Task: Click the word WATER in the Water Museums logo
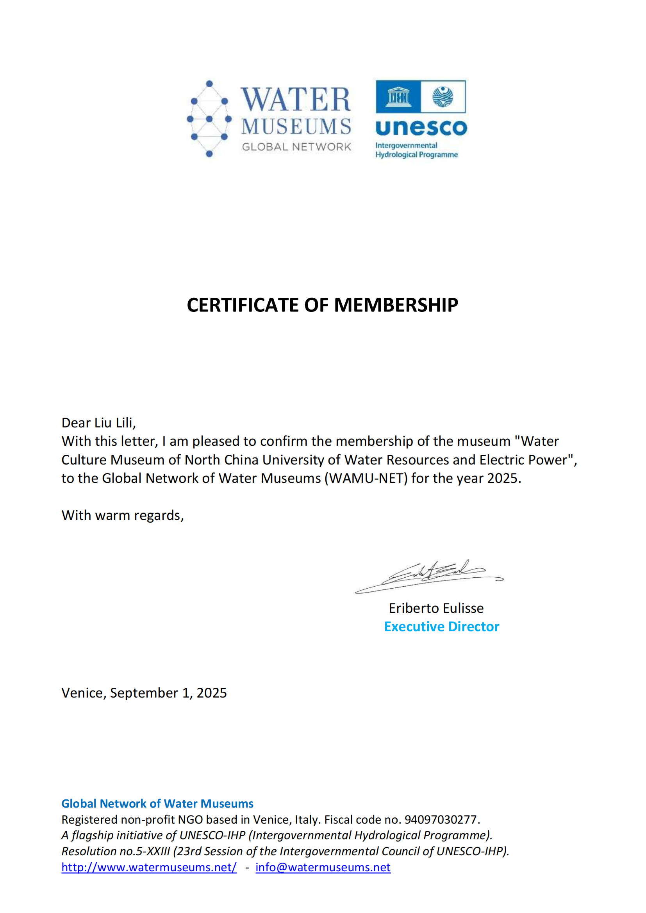296,100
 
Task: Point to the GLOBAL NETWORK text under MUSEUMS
296,147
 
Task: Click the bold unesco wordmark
421,128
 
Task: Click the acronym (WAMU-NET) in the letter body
366,478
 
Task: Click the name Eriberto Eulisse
436,608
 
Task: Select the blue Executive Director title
442,627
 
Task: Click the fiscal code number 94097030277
440,820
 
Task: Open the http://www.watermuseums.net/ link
149,867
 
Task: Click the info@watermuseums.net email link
323,867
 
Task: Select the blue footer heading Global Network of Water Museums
157,804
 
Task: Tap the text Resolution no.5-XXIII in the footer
115,851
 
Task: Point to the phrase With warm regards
122,515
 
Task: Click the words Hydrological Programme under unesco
416,155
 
